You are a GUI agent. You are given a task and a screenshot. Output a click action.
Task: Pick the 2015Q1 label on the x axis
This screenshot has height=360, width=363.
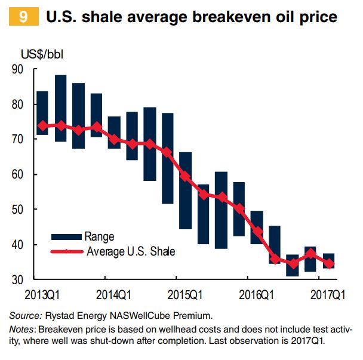(183, 295)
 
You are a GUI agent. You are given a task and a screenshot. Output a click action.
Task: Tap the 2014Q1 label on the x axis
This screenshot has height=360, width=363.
(113, 295)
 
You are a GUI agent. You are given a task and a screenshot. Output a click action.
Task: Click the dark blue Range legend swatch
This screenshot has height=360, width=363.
(66, 237)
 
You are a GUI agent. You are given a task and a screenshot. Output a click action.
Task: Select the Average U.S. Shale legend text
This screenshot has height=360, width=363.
(131, 251)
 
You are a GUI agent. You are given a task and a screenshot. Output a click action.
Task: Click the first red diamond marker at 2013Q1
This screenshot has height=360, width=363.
(42, 126)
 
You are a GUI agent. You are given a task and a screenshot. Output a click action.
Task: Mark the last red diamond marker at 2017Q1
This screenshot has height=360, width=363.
(328, 263)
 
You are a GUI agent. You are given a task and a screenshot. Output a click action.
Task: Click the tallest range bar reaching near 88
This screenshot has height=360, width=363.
(60, 108)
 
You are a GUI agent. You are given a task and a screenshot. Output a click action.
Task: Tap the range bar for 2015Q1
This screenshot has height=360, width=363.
(186, 190)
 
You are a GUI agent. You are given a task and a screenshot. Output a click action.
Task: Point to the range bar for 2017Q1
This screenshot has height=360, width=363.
(328, 261)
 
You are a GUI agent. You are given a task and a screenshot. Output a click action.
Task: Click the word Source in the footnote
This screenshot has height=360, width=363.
(24, 315)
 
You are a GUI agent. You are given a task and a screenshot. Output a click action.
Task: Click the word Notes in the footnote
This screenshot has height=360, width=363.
(21, 330)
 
